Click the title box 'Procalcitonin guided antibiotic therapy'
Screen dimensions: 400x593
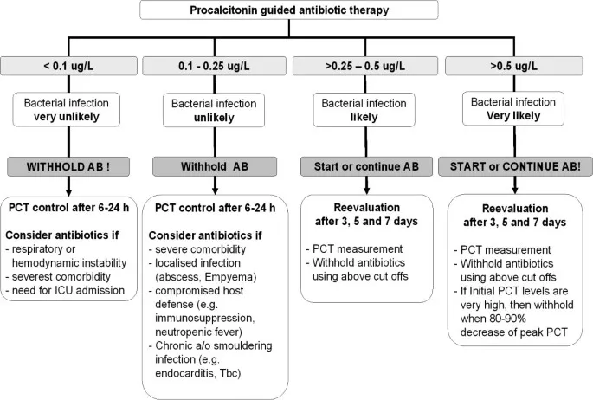point(296,11)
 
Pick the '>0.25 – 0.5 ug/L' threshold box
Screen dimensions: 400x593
point(364,65)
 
